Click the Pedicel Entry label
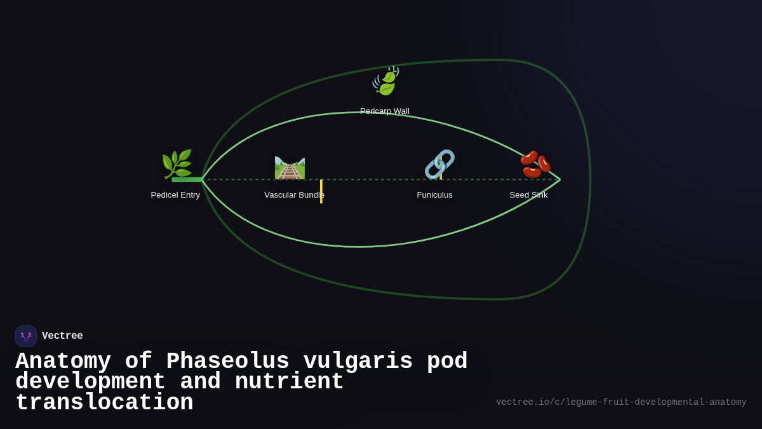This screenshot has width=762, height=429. coord(175,195)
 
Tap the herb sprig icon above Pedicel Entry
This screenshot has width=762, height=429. coord(177,164)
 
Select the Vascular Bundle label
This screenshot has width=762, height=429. coord(294,195)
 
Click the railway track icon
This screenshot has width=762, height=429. coord(290,168)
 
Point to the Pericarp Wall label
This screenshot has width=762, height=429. coord(385,111)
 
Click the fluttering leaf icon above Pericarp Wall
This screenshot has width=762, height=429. coord(385,81)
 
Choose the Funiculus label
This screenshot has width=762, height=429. coord(435,195)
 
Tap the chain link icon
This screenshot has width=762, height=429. coord(439,164)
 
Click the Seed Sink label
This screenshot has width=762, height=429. coord(528,195)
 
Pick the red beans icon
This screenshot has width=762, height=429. coord(535,164)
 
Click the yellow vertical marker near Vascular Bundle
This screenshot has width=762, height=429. coord(321,191)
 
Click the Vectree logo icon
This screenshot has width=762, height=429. coord(26,336)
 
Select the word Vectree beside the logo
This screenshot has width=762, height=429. coord(62,336)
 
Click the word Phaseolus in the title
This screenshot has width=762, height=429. coord(227,362)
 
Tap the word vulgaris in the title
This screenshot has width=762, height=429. coord(358,362)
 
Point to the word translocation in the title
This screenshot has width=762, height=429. coord(104,403)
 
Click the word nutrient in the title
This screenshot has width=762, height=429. coord(289,382)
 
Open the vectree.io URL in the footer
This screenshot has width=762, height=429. coord(621,402)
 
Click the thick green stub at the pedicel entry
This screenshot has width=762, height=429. coord(187,180)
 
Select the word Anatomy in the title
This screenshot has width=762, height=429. coord(63,362)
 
